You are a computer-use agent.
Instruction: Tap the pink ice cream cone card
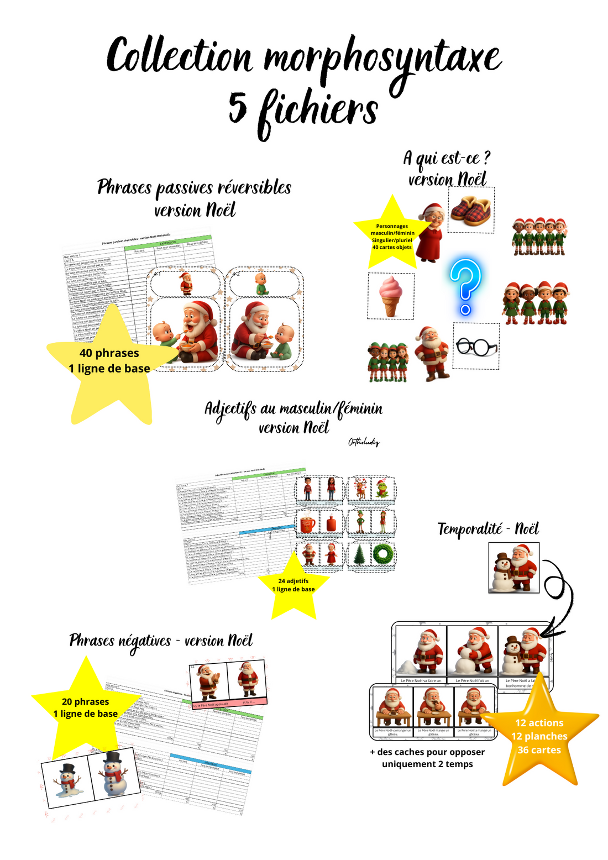point(390,296)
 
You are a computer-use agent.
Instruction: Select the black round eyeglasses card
point(476,347)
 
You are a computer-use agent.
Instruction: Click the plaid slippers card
point(471,210)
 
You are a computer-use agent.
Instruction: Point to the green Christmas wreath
point(382,554)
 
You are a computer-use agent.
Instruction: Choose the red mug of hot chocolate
point(308,522)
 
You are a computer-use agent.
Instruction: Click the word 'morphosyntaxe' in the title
point(382,58)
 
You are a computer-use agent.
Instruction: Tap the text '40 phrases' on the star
point(109,353)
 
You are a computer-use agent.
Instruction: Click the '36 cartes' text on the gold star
point(539,750)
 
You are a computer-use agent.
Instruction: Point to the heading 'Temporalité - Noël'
point(488,529)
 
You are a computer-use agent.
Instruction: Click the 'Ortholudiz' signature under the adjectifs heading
point(364,442)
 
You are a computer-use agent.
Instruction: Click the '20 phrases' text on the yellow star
point(86,702)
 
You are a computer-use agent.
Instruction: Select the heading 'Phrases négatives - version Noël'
point(161,641)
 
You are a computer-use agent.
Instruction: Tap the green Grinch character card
point(382,489)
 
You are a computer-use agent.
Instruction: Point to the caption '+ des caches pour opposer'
point(427,752)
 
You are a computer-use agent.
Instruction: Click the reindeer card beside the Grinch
point(361,489)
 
